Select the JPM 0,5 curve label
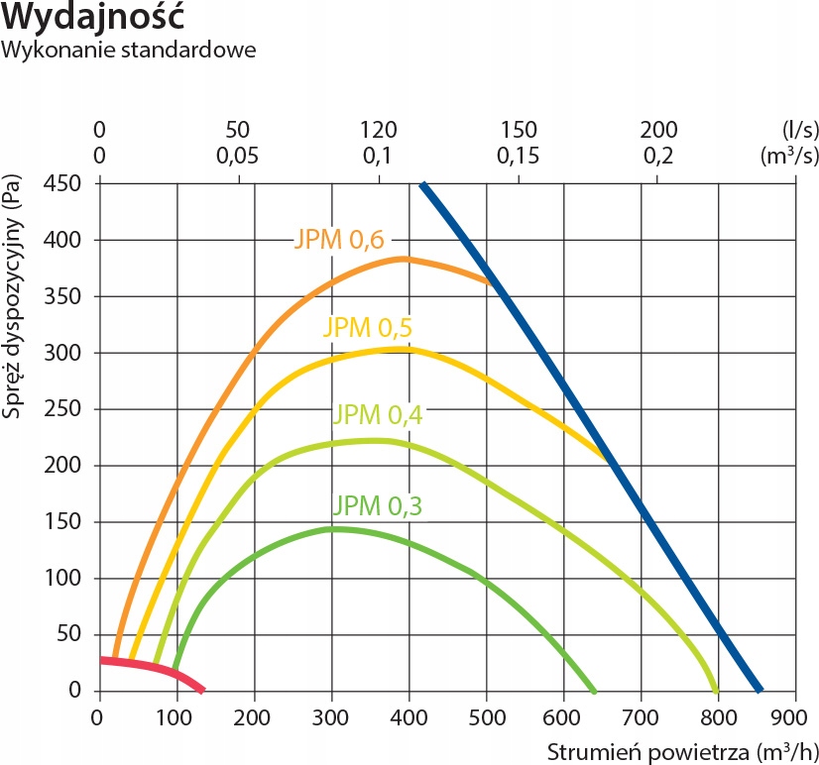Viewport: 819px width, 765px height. pos(368,328)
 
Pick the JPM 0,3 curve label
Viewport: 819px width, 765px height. pos(378,506)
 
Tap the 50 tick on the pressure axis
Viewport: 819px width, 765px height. pos(73,634)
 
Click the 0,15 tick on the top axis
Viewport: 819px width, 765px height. pos(518,156)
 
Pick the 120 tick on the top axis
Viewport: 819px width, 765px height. pos(378,130)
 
